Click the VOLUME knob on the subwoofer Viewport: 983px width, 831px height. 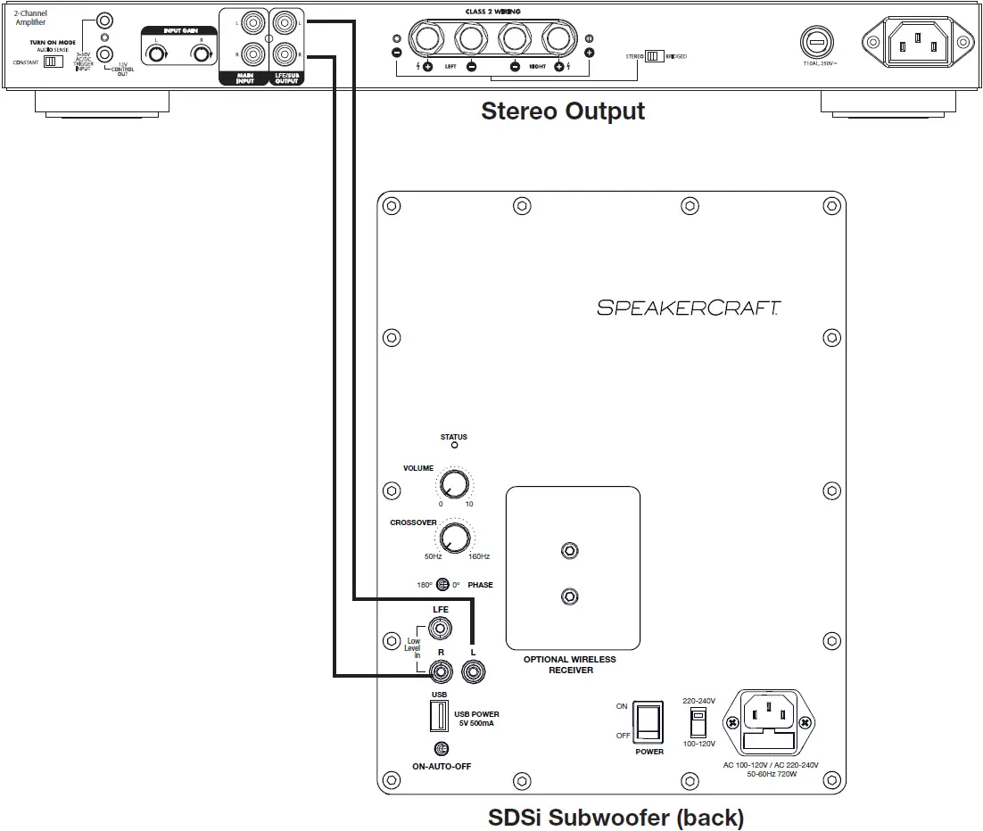pyautogui.click(x=454, y=485)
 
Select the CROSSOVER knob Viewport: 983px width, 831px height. pyautogui.click(x=454, y=538)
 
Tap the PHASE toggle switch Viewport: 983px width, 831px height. pyautogui.click(x=442, y=585)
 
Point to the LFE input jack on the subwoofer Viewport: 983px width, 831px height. pyautogui.click(x=439, y=629)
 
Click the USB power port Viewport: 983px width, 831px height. pyautogui.click(x=439, y=715)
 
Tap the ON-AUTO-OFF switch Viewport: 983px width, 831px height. pyautogui.click(x=439, y=749)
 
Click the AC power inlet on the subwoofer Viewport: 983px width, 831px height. pyautogui.click(x=770, y=722)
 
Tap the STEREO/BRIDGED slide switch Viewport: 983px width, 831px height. pyautogui.click(x=655, y=55)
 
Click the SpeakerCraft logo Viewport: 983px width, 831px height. pyautogui.click(x=689, y=308)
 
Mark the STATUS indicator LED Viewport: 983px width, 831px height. pyautogui.click(x=454, y=445)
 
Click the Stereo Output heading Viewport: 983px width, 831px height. pyautogui.click(x=562, y=111)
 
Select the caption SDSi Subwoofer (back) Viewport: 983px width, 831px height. pyautogui.click(x=615, y=817)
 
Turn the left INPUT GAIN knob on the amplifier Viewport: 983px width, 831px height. pyautogui.click(x=157, y=54)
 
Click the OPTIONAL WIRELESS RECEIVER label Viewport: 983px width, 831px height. pyautogui.click(x=570, y=665)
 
